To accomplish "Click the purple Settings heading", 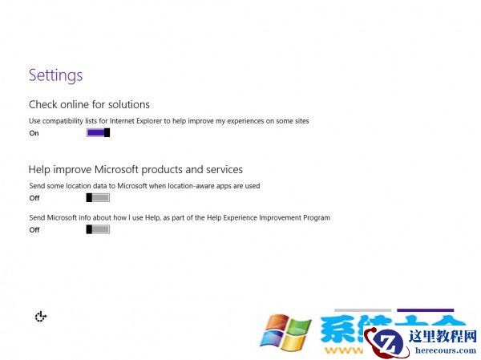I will [55, 75].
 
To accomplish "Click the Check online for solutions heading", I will [89, 104].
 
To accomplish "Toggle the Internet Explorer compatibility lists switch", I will [98, 133].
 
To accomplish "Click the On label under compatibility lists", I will [34, 133].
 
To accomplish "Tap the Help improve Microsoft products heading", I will [135, 169].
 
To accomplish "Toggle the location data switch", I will [98, 197].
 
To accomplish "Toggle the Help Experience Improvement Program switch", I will [98, 229].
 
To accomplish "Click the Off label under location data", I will [34, 197].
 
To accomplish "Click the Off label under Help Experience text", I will [34, 229].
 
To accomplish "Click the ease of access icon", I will [41, 317].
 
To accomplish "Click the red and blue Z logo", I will [386, 343].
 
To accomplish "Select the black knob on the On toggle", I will [107, 133].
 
